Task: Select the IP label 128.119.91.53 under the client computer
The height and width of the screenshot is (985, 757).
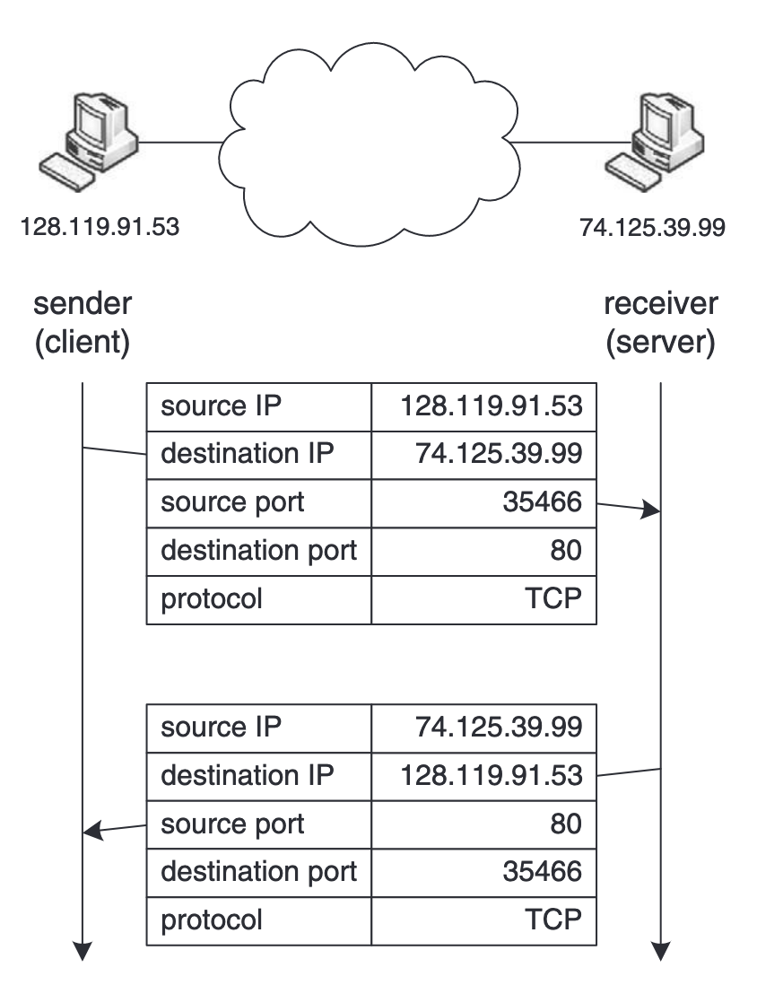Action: pos(100,226)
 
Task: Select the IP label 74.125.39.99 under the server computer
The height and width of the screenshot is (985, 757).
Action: pos(652,227)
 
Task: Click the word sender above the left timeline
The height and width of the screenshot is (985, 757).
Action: pos(83,304)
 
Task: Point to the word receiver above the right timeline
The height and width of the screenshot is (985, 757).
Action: pos(661,304)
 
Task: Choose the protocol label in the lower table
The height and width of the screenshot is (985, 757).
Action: pos(212,920)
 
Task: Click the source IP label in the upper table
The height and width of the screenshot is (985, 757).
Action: pos(221,406)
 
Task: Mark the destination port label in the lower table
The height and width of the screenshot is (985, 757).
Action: pos(258,871)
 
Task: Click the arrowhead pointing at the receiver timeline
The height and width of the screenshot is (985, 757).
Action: pos(652,510)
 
